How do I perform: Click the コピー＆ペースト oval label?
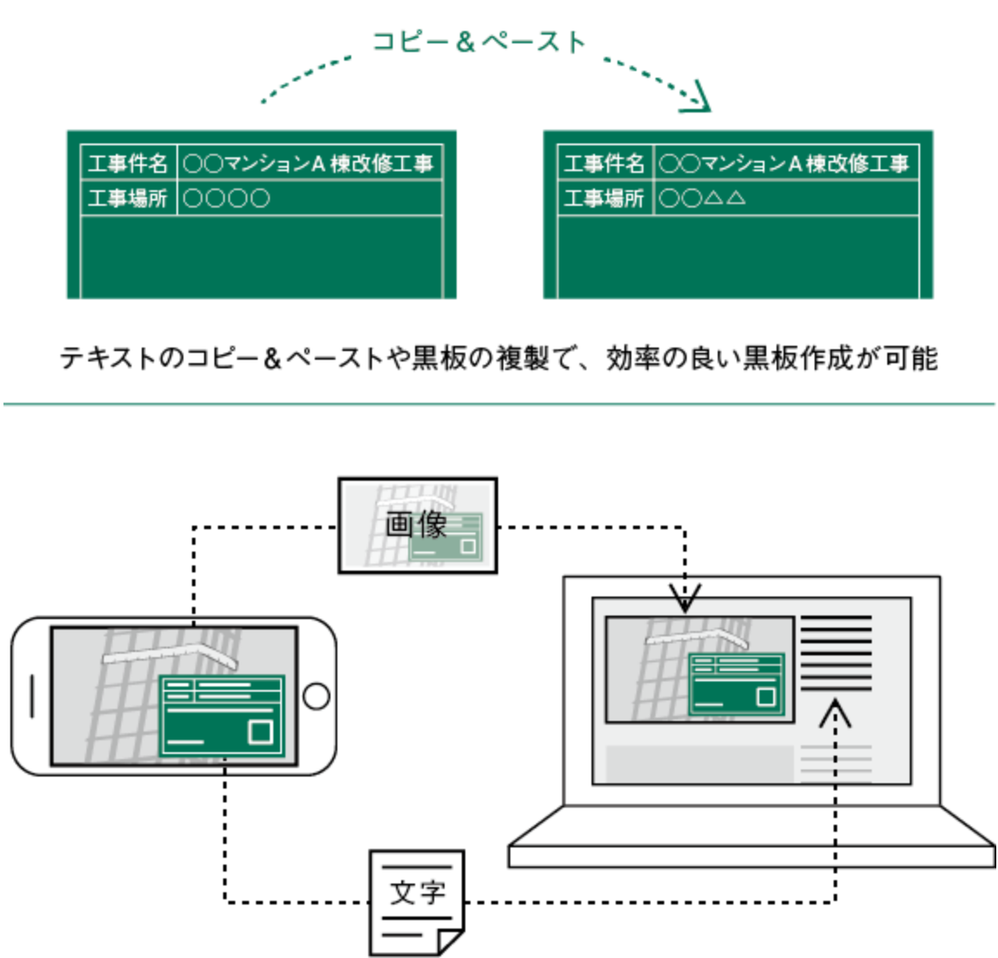click(x=479, y=42)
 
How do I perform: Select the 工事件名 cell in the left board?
click(x=128, y=163)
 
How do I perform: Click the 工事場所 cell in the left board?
click(x=128, y=198)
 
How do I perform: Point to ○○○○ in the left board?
click(x=227, y=199)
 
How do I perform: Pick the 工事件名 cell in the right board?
click(x=605, y=163)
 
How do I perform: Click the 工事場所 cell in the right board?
click(x=605, y=198)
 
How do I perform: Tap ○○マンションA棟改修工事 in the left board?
click(x=309, y=163)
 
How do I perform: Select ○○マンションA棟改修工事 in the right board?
click(x=785, y=163)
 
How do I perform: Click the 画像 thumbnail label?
click(x=418, y=525)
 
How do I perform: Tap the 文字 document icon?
click(x=417, y=903)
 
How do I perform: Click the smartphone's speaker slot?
click(x=33, y=696)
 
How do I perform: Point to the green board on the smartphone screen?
click(x=222, y=714)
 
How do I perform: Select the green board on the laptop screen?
click(x=736, y=684)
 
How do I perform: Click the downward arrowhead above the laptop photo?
click(x=685, y=597)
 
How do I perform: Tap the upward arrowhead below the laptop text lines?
click(x=835, y=712)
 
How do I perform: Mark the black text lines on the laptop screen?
click(x=835, y=653)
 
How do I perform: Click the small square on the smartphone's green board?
click(x=259, y=731)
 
